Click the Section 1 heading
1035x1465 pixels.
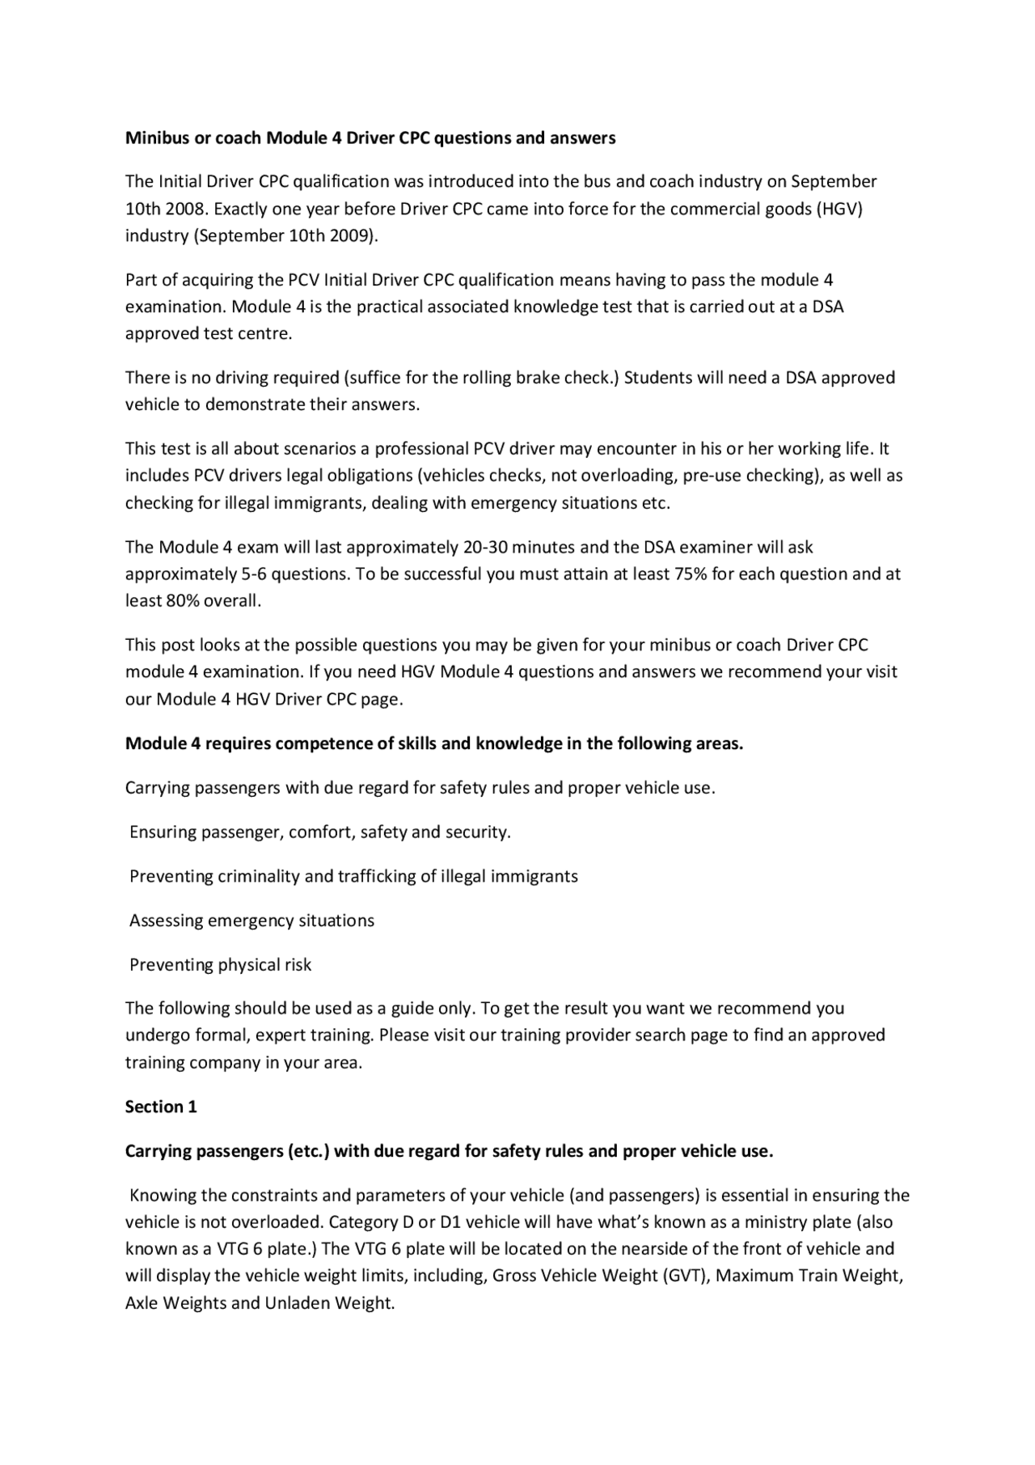coord(161,1107)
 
